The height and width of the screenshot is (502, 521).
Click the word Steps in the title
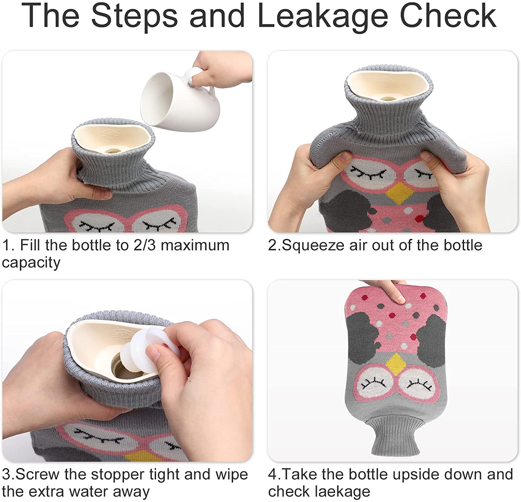pyautogui.click(x=134, y=17)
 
